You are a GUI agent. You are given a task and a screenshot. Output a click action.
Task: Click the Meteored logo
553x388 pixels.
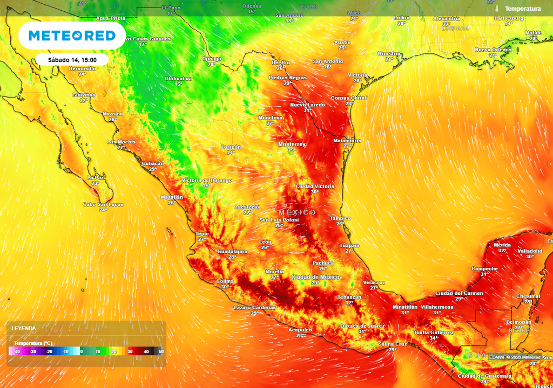coord(72,36)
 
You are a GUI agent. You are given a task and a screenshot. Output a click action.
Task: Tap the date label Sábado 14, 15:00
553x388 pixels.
coord(72,60)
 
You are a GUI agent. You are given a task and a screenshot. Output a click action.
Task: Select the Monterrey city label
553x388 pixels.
coord(292,144)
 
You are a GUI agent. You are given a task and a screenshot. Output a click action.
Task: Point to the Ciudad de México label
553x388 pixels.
coord(315,277)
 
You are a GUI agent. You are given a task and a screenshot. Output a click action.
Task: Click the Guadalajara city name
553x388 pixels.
coord(232,252)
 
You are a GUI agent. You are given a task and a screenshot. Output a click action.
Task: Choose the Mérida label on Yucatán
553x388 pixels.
coord(502,245)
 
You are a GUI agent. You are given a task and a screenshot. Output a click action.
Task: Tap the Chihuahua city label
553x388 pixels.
coord(178,79)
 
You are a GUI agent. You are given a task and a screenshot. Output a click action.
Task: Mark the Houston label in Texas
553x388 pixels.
coord(389,54)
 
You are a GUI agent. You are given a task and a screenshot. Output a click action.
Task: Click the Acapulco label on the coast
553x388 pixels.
coord(300,330)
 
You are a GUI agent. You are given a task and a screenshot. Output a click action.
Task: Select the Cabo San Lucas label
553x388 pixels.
coord(103,205)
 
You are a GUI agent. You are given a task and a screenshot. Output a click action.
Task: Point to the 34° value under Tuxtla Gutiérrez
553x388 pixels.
coord(434,338)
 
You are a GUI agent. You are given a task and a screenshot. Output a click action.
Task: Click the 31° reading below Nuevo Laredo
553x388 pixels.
coord(307,110)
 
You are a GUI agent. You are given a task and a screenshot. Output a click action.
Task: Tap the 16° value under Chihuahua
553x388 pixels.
coord(178,85)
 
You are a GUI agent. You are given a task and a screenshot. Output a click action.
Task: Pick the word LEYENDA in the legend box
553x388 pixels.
coord(24,328)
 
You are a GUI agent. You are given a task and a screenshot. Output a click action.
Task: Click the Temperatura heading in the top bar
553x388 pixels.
coord(523,9)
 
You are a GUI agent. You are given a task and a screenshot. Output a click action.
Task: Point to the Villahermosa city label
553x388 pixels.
coord(437,307)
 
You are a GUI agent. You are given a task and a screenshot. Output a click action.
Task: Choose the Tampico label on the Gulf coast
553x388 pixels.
coord(340,218)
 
